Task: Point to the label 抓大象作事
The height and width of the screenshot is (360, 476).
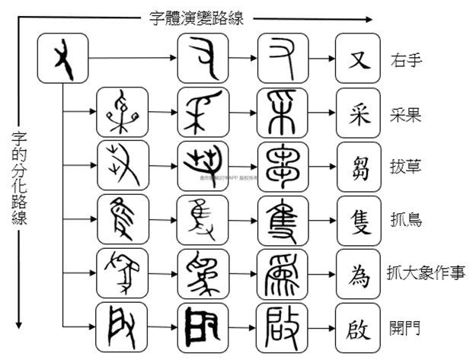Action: click(426, 273)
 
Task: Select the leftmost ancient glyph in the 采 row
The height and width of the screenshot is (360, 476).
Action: click(122, 113)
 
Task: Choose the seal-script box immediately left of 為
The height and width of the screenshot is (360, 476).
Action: click(282, 273)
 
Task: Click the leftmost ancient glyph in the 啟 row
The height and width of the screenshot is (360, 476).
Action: click(122, 328)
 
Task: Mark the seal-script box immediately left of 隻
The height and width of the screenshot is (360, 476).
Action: click(282, 219)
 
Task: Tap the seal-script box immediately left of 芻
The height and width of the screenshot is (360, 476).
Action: click(282, 166)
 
